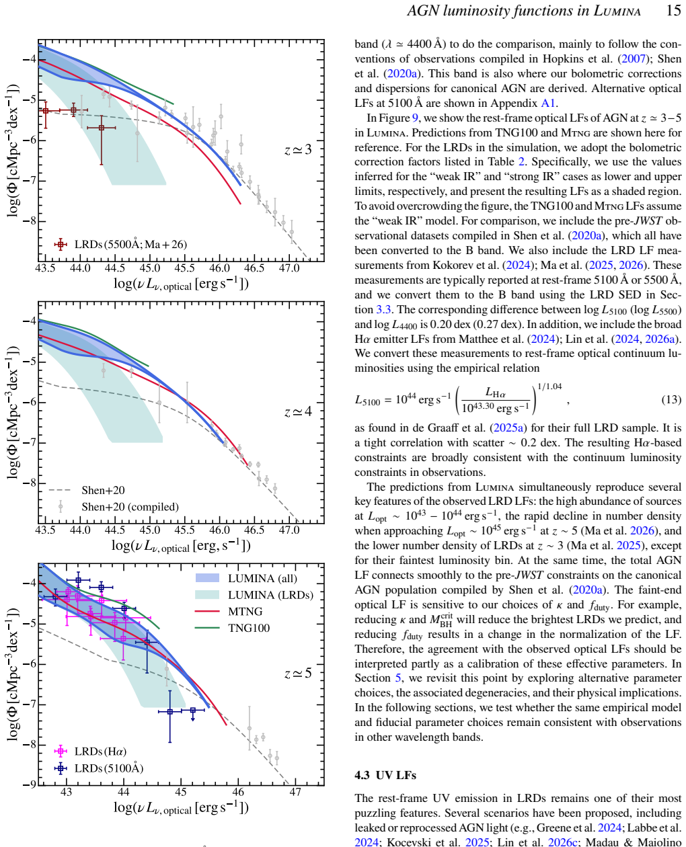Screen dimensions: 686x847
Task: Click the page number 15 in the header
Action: [673, 10]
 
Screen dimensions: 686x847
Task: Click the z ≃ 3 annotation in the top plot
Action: [298, 149]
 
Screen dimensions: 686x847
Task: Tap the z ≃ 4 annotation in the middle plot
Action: [298, 411]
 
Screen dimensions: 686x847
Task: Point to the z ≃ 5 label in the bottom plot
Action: [298, 673]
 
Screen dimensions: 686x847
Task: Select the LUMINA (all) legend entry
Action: [246, 578]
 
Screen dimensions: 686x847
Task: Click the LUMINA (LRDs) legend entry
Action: [254, 595]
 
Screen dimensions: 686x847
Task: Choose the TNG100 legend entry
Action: [232, 628]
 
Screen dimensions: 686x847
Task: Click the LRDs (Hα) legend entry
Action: [90, 751]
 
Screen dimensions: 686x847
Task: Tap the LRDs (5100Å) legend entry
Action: [99, 768]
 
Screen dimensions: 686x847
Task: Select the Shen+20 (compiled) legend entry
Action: [118, 507]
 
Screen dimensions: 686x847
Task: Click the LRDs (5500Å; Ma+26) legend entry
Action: [120, 244]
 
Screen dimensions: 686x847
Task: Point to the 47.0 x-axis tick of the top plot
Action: [289, 268]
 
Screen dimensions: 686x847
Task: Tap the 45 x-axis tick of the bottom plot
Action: [181, 791]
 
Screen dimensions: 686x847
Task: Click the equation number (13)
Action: [671, 399]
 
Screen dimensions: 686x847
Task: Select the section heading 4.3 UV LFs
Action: [385, 776]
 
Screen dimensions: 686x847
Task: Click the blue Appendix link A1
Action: [547, 103]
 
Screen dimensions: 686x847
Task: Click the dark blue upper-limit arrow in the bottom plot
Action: [192, 715]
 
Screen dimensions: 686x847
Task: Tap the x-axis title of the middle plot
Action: [181, 545]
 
